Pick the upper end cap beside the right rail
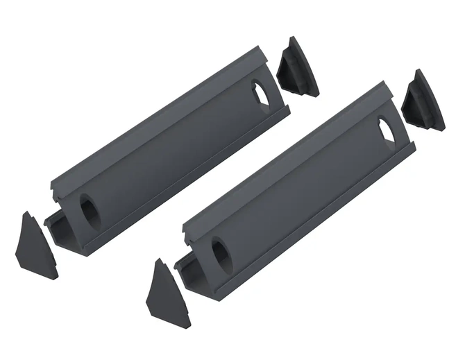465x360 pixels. click(x=423, y=101)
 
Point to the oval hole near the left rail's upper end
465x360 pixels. click(x=259, y=94)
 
